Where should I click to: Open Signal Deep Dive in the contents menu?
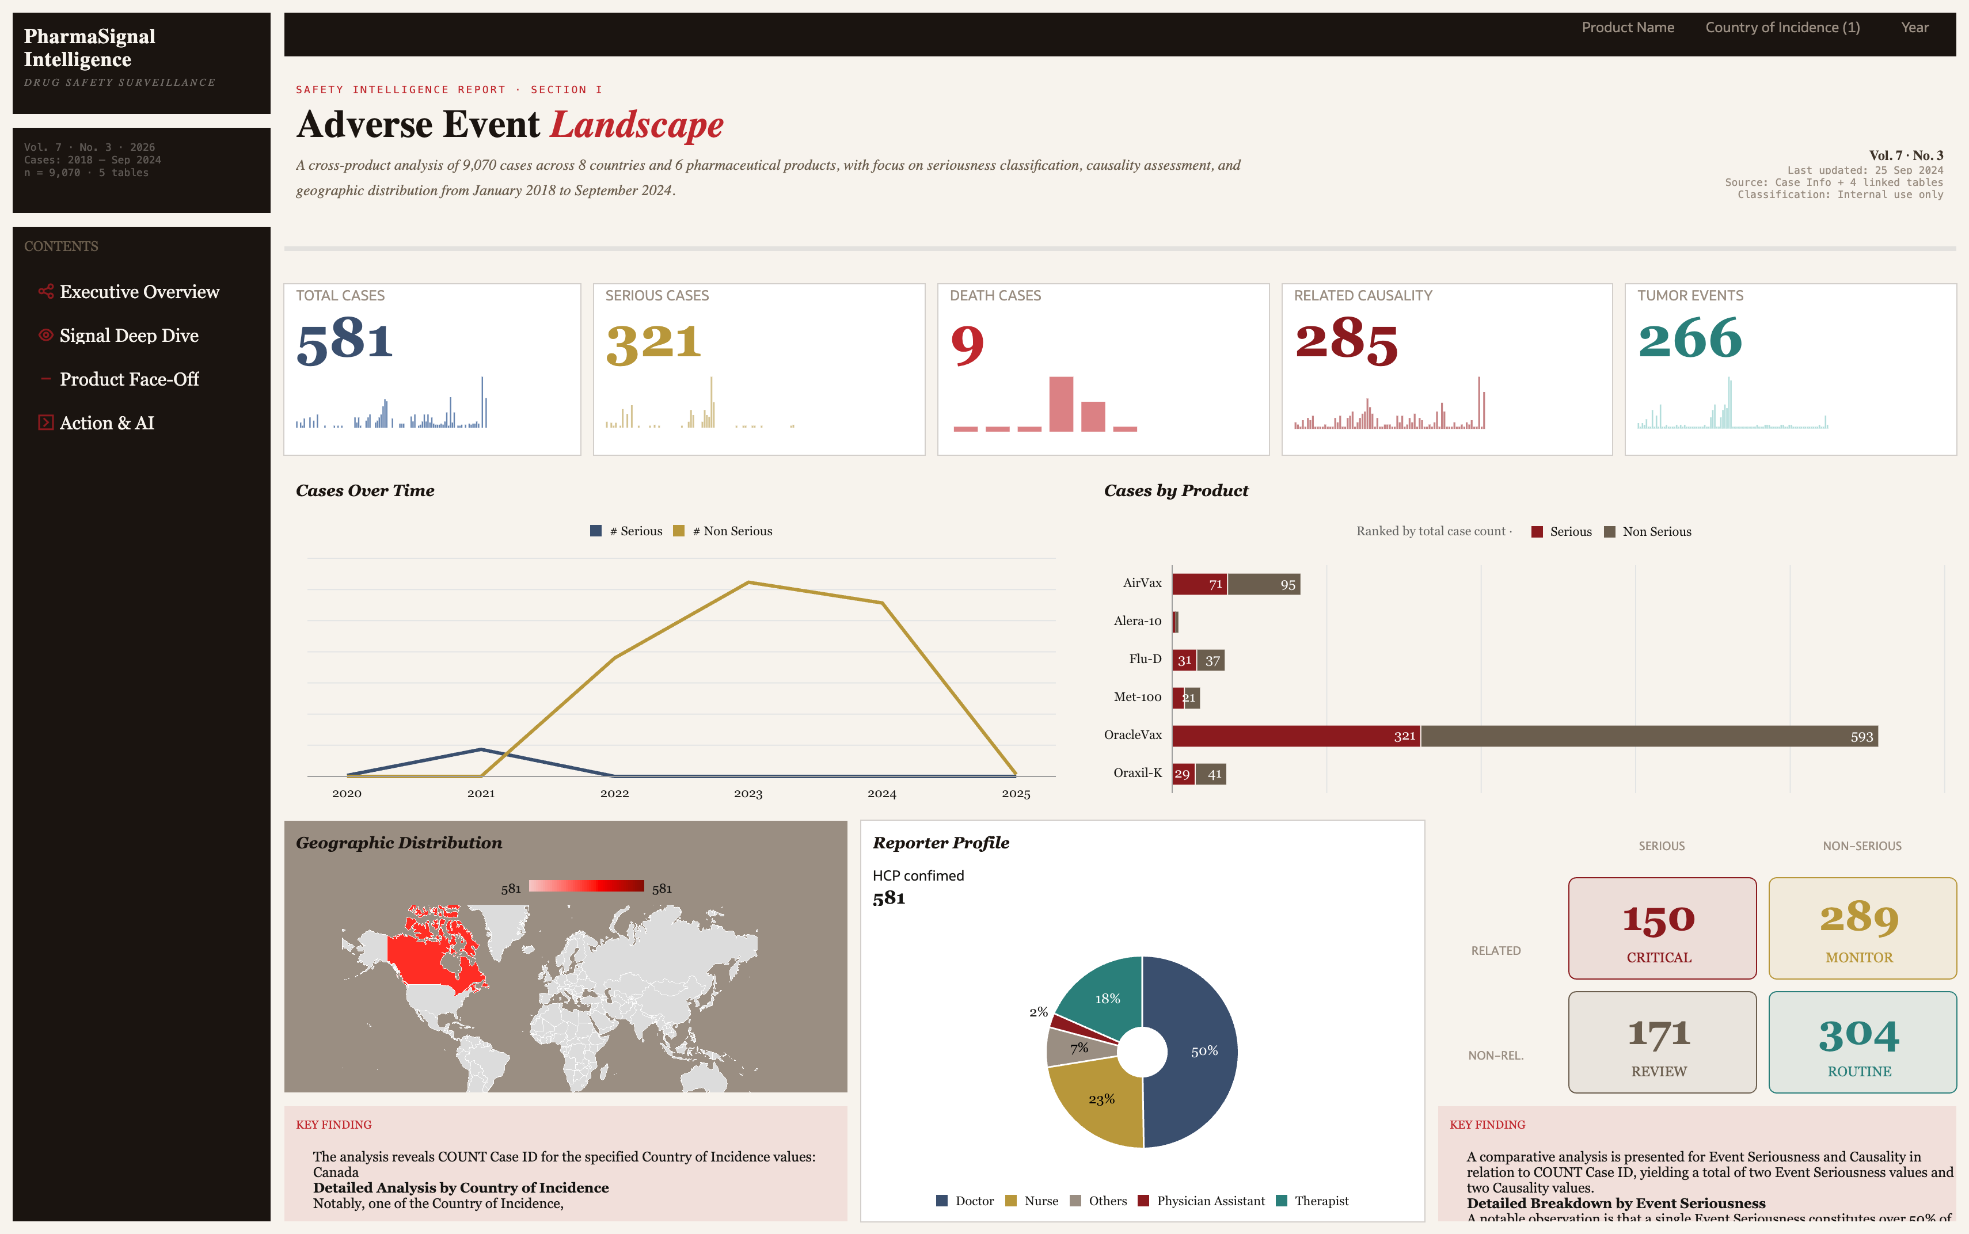128,336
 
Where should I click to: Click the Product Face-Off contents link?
128,379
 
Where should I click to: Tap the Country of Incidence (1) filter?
1782,28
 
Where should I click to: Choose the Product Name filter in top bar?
1627,28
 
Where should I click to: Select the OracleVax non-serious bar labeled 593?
1648,736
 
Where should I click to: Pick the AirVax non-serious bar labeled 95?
1264,584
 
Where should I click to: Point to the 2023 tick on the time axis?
748,793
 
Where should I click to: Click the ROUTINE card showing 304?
1861,1042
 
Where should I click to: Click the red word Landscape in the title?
637,125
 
